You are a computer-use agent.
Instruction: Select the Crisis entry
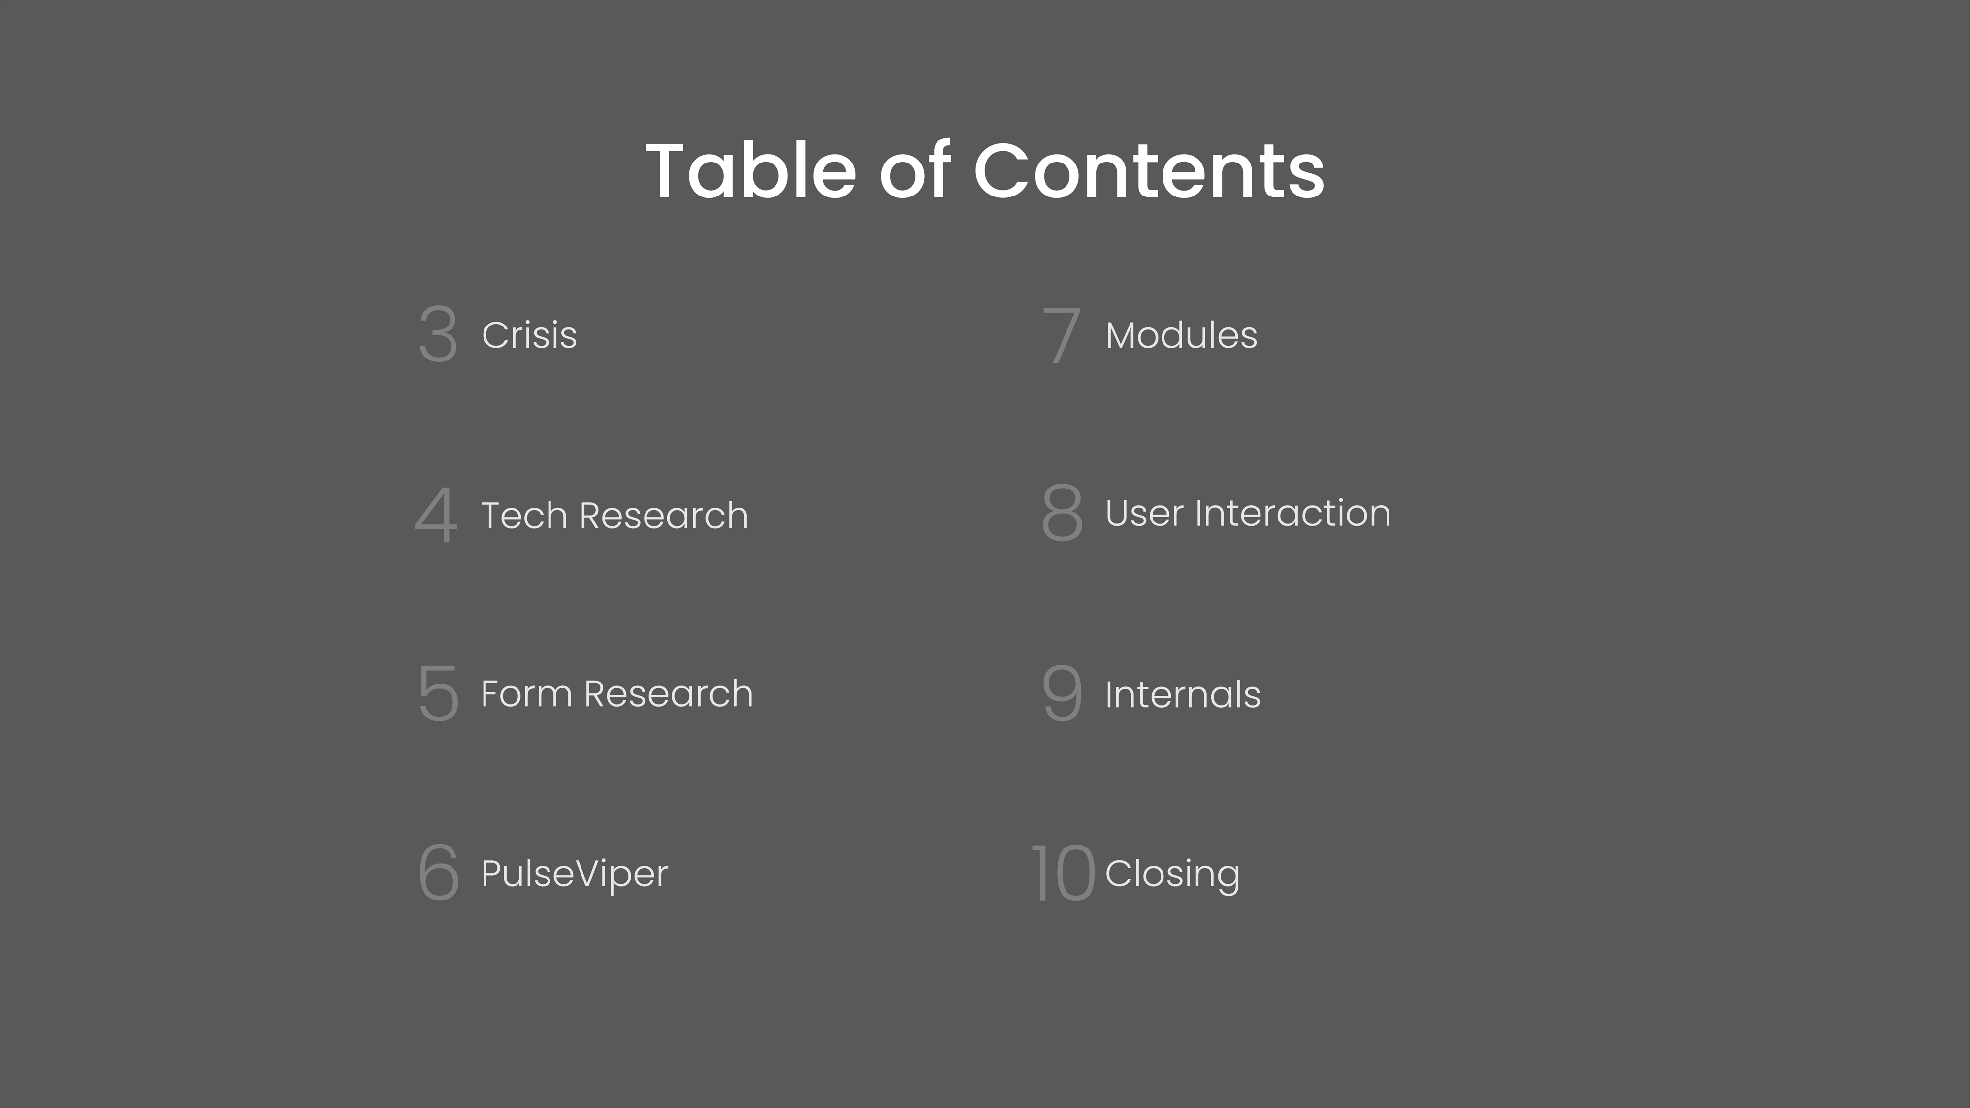point(529,335)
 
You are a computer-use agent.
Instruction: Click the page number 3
point(438,334)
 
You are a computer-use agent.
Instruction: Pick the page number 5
point(438,693)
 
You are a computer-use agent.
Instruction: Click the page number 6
point(439,873)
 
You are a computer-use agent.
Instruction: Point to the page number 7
point(1062,335)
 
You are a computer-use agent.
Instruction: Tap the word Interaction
point(1293,513)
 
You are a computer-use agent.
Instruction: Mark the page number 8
point(1062,512)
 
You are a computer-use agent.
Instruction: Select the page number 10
point(1063,873)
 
